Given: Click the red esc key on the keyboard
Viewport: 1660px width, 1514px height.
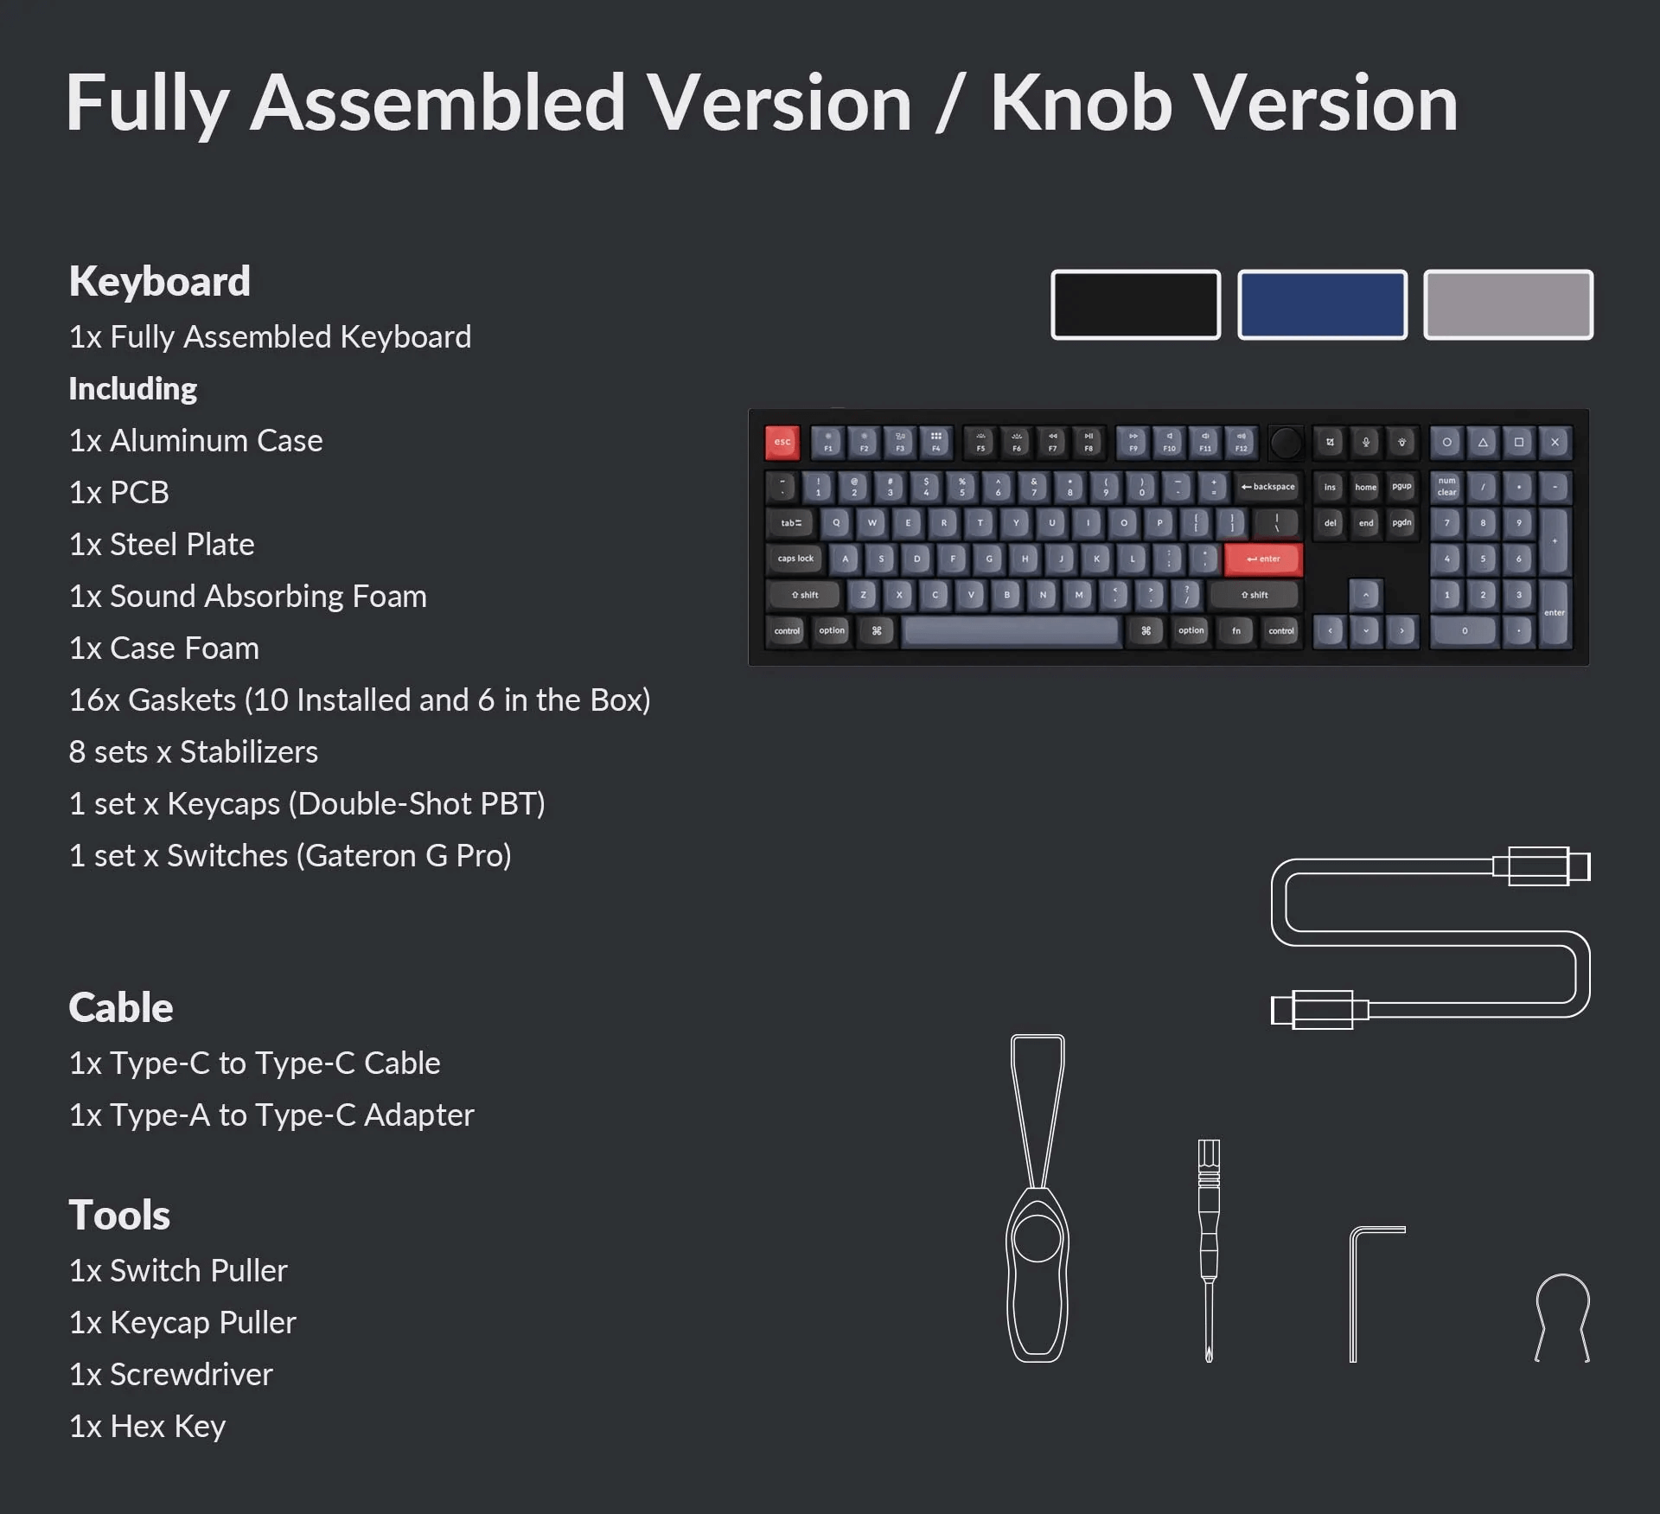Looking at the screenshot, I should (x=782, y=443).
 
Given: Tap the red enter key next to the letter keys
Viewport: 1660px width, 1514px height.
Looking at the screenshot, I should (x=1263, y=559).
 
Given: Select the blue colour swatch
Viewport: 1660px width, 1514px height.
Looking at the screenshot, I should (x=1322, y=304).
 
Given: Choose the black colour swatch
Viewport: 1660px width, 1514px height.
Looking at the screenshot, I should (x=1135, y=304).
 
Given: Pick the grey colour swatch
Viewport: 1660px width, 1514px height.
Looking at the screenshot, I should (x=1508, y=304).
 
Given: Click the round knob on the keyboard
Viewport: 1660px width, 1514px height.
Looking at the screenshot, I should (x=1286, y=443).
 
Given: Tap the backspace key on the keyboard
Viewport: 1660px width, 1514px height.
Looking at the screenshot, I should (x=1267, y=488).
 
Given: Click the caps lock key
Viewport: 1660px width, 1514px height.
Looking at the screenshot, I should (x=795, y=559).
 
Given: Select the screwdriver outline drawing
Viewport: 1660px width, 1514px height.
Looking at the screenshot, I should (x=1209, y=1249).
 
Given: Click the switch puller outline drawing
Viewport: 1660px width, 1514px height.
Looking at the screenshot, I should (x=1037, y=1202).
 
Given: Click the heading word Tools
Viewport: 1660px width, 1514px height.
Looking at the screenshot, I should (x=119, y=1215).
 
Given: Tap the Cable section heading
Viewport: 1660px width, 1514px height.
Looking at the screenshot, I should (x=121, y=1007).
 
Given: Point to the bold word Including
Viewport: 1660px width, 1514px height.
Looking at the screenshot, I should (x=133, y=389).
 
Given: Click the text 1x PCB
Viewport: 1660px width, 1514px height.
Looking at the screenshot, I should (x=119, y=493).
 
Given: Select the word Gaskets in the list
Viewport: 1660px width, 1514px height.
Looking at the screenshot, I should (x=182, y=700).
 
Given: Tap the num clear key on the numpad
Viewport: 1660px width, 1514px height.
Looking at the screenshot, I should (x=1446, y=487).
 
